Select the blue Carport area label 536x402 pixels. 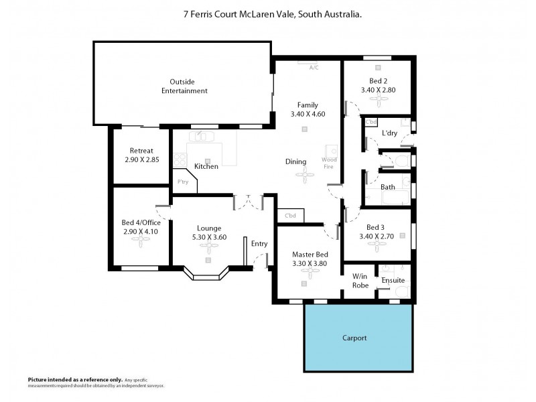(354, 338)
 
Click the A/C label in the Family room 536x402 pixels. (313, 68)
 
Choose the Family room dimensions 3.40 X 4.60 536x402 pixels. (308, 115)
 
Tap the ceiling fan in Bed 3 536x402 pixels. (379, 246)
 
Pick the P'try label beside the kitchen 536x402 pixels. (182, 181)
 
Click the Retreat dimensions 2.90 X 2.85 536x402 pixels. (141, 160)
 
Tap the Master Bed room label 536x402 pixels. (310, 255)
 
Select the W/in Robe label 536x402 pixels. (360, 280)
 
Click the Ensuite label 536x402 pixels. (394, 280)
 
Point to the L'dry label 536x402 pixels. (389, 133)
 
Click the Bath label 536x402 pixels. (387, 187)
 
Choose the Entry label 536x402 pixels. (259, 243)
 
